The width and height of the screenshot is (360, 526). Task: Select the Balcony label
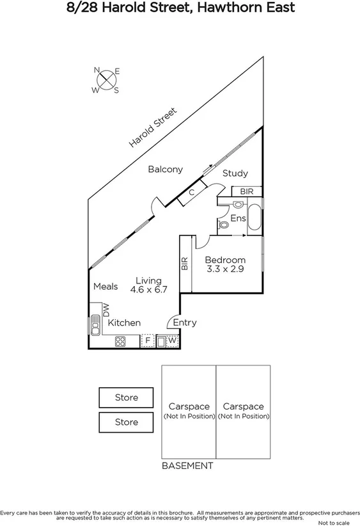[166, 170]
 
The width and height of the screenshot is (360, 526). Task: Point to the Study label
[235, 173]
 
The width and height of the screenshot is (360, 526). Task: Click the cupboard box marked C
[191, 192]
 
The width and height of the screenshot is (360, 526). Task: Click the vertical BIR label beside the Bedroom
[185, 264]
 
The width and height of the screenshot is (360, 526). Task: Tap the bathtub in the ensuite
[254, 218]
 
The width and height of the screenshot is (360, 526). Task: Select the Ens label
[238, 219]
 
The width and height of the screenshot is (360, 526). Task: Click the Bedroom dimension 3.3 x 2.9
[225, 269]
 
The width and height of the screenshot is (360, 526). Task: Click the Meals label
[106, 287]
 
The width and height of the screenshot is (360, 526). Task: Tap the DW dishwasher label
[107, 310]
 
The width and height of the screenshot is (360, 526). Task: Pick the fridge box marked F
[148, 341]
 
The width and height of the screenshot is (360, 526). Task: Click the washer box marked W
[171, 341]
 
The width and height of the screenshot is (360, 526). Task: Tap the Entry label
[185, 323]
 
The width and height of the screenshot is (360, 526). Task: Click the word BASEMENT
[187, 466]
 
